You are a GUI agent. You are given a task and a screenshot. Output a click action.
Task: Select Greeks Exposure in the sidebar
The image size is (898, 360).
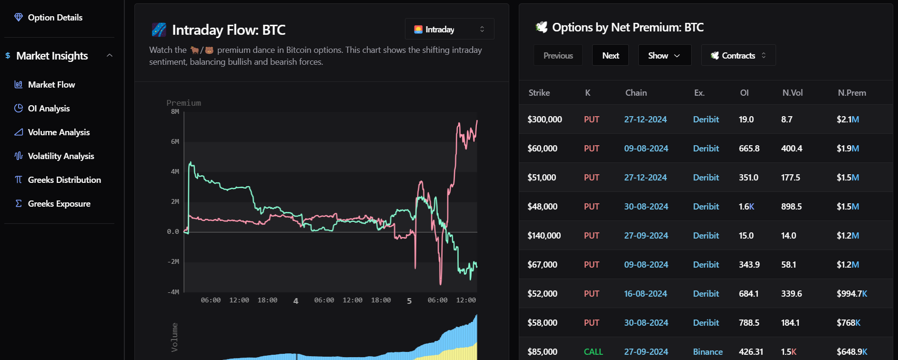52,204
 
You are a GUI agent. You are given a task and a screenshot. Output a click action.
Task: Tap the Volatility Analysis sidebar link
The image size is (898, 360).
54,156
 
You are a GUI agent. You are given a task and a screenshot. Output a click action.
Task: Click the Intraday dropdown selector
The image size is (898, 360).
449,29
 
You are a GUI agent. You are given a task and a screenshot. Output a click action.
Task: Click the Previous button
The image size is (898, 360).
558,56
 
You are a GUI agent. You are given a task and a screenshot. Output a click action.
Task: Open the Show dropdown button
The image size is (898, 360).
665,56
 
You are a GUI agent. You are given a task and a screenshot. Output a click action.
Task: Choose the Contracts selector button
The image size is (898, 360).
738,56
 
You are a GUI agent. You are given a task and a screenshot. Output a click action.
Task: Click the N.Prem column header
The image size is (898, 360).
852,93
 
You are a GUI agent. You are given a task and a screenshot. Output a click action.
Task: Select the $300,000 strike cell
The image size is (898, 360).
545,120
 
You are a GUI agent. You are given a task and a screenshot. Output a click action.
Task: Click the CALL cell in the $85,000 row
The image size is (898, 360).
593,352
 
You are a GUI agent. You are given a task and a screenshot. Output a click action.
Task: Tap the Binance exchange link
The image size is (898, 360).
707,352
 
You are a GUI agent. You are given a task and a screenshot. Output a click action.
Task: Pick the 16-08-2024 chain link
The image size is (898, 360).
646,294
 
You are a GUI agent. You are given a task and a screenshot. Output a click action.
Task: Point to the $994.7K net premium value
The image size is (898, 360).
852,294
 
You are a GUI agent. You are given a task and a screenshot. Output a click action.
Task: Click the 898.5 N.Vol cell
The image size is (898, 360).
791,207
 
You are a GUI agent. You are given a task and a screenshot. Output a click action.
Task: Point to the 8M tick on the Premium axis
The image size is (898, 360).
175,112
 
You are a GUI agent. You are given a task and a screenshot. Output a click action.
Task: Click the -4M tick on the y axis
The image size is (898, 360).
173,292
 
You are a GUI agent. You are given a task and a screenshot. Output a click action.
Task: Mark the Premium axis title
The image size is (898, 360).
184,103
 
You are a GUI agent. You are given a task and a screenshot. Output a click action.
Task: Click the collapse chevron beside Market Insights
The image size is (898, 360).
110,56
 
